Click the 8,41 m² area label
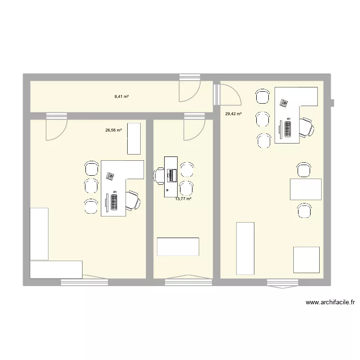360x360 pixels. coord(121,96)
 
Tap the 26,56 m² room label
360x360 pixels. coord(113,130)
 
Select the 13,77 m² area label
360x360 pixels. coord(183,198)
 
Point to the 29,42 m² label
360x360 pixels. coord(233,114)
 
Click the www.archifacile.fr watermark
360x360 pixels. coord(330,302)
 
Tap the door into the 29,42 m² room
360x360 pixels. coord(228,94)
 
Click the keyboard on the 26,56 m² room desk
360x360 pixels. coord(115,201)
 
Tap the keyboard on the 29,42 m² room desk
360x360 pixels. coord(288,128)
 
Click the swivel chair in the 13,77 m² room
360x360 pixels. coord(159,176)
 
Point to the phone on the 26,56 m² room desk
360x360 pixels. coord(110,176)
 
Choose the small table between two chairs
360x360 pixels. coord(306,189)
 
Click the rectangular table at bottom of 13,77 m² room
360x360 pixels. coord(178,246)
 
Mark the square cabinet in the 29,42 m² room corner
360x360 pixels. coord(307,260)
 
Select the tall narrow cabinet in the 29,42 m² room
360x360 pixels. coord(245,248)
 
